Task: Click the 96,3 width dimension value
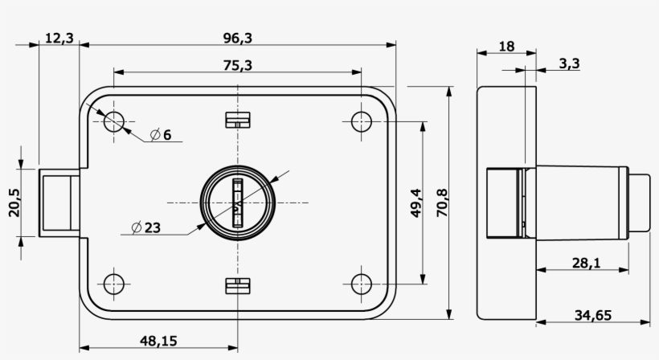(x=238, y=38)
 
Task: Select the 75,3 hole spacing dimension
(x=238, y=66)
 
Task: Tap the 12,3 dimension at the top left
(x=59, y=38)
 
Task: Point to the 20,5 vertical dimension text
(x=14, y=203)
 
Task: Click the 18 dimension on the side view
(x=506, y=47)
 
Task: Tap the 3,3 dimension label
(x=568, y=63)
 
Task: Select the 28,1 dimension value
(x=586, y=263)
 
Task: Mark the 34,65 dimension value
(x=592, y=315)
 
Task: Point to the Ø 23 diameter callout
(x=145, y=227)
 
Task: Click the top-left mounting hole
(x=114, y=121)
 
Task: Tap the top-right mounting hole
(x=362, y=121)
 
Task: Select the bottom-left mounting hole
(x=114, y=284)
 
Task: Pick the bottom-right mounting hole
(x=362, y=284)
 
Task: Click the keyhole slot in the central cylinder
(x=238, y=202)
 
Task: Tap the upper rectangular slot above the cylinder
(x=238, y=121)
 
